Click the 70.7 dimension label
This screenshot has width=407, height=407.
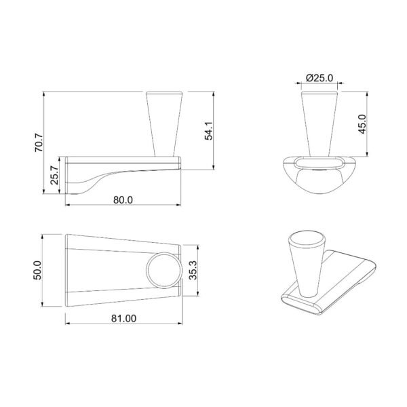pos(39,142)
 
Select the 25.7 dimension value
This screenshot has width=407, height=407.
pos(54,175)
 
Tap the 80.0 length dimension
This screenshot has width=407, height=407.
pos(123,200)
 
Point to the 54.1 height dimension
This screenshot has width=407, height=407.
pos(209,130)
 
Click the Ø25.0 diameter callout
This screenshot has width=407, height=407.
pos(319,78)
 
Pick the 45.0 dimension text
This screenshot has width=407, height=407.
pos(362,124)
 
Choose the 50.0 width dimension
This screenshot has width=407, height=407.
pos(37,270)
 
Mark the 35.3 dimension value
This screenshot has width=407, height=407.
pos(193,270)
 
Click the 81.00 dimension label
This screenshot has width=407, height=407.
pos(123,318)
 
